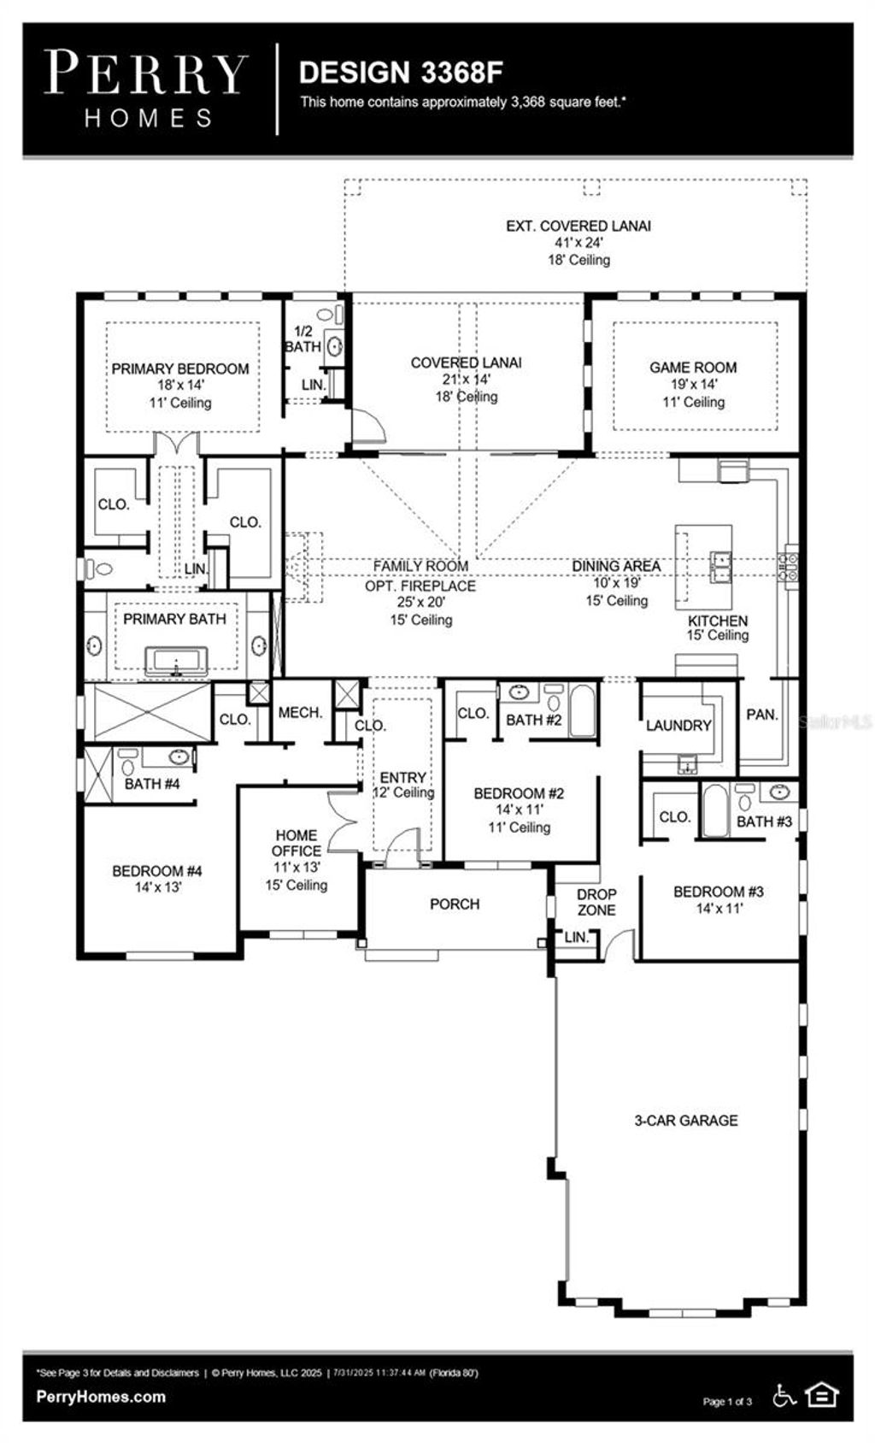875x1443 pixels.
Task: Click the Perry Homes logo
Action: tap(145, 89)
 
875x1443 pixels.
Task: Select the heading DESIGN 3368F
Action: tap(401, 73)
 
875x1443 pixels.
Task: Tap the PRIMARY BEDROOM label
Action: tap(180, 369)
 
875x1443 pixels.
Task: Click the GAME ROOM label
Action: tap(693, 368)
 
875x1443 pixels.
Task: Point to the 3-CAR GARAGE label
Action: tap(685, 1121)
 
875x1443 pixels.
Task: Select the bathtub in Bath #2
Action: tap(584, 710)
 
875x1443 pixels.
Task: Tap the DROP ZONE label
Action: tap(596, 903)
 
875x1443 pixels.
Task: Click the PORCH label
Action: tap(455, 904)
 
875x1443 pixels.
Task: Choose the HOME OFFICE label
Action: tap(297, 843)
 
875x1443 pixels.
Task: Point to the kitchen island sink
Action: tap(721, 566)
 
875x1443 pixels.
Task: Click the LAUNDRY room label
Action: tap(678, 726)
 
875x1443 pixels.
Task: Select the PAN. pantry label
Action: tap(761, 715)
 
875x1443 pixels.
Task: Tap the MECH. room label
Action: tap(300, 713)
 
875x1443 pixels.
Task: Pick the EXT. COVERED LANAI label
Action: tap(578, 227)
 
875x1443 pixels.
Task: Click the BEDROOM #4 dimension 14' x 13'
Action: tap(158, 888)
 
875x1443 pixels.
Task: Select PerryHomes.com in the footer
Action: tap(101, 1397)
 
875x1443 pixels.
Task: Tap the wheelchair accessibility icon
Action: tap(784, 1396)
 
